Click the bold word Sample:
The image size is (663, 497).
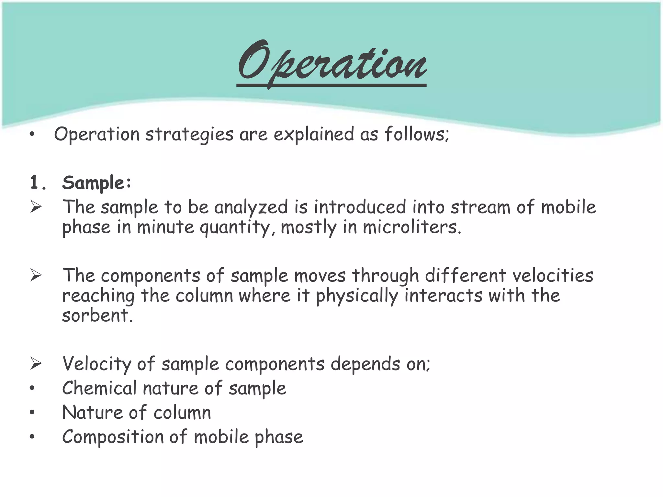click(97, 183)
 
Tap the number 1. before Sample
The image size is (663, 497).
click(38, 183)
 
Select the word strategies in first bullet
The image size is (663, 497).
click(189, 135)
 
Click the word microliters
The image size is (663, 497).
click(411, 227)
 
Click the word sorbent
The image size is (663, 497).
click(97, 316)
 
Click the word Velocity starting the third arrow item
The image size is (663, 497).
click(97, 364)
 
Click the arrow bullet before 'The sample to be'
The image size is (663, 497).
click(36, 207)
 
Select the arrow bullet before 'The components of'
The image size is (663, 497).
click(36, 276)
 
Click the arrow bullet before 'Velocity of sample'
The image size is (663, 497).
click(36, 364)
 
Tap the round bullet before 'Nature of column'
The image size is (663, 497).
click(32, 413)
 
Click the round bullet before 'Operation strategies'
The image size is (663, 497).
click(32, 135)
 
